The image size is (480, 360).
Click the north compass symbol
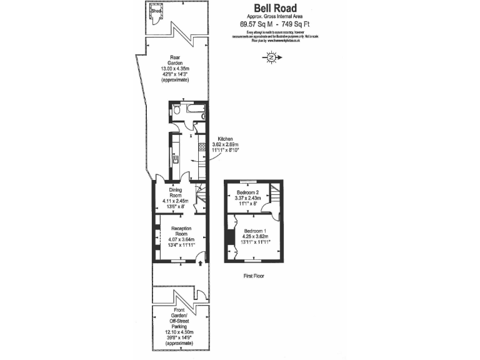tap(271, 58)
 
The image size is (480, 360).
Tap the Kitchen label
tap(226, 139)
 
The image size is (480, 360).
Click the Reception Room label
tap(181, 229)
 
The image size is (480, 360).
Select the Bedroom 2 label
tap(247, 192)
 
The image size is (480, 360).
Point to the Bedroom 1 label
tap(255, 231)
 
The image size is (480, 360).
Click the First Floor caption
tap(256, 275)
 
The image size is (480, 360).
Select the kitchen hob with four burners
tap(202, 148)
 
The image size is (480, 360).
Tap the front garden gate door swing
tap(199, 294)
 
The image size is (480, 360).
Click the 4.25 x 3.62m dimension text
tap(255, 237)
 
